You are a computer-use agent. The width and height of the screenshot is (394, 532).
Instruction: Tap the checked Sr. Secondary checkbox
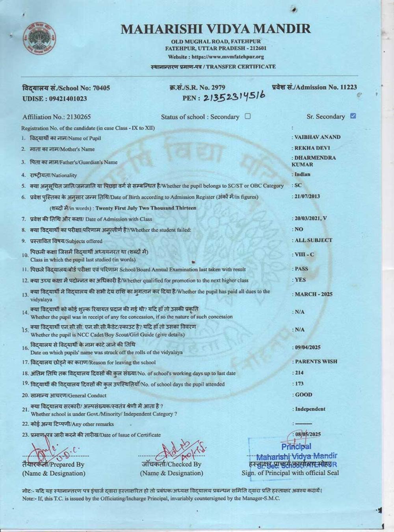tap(353, 116)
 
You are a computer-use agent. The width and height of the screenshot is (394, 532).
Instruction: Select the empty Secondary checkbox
tap(247, 116)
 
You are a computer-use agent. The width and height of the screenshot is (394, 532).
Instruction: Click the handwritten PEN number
tap(234, 97)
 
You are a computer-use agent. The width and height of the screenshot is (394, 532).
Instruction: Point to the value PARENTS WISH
tap(316, 361)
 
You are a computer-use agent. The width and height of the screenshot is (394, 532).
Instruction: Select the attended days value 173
tap(299, 383)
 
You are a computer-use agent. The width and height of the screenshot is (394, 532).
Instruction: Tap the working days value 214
tap(299, 372)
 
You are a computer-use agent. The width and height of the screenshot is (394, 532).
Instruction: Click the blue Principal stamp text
tap(296, 446)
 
